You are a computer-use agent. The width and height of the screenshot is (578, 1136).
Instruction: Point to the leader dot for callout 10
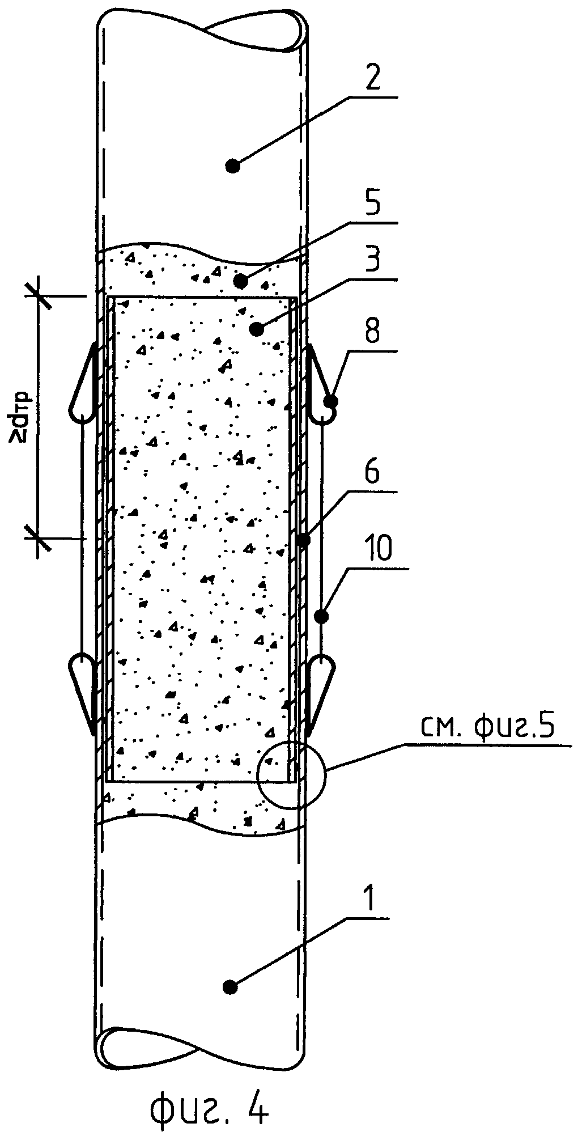point(321,615)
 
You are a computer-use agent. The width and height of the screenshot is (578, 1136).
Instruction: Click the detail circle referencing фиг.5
point(292,774)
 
